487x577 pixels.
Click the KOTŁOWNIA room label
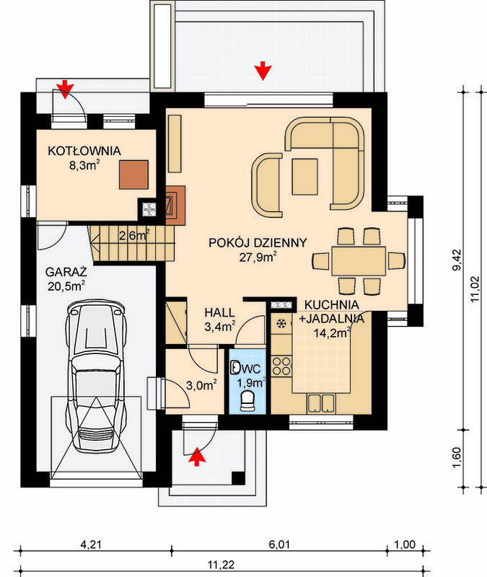pyautogui.click(x=84, y=151)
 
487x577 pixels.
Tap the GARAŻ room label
pyautogui.click(x=66, y=273)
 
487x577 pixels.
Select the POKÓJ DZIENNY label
pyautogui.click(x=258, y=243)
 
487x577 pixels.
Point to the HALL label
pyautogui.click(x=220, y=313)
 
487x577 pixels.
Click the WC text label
pyautogui.click(x=252, y=369)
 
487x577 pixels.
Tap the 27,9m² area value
pyautogui.click(x=258, y=257)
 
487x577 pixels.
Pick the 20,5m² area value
pyautogui.click(x=66, y=286)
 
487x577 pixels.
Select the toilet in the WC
pyautogui.click(x=247, y=401)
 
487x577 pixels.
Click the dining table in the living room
pyautogui.click(x=359, y=261)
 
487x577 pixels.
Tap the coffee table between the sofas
pyautogui.click(x=304, y=177)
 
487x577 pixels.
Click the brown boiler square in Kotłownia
pyautogui.click(x=133, y=175)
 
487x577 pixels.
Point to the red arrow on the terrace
pyautogui.click(x=263, y=71)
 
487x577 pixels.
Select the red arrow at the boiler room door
pyautogui.click(x=65, y=89)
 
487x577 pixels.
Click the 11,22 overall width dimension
pyautogui.click(x=221, y=565)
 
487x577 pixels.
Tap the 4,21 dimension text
pyautogui.click(x=91, y=545)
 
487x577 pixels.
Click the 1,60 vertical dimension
pyautogui.click(x=457, y=458)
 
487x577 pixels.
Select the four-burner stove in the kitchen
pyautogui.click(x=281, y=366)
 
